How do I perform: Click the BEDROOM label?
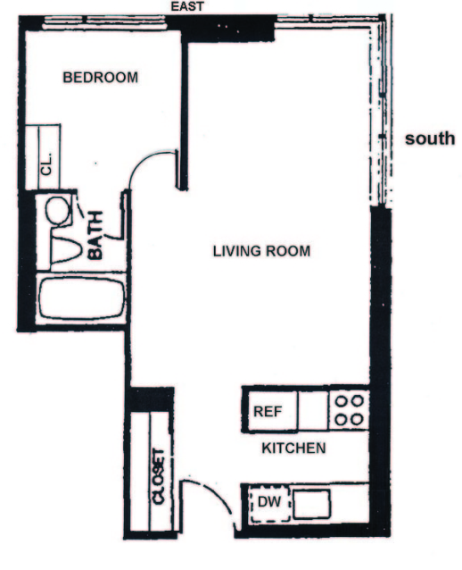[100, 78]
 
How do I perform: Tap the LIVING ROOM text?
[261, 251]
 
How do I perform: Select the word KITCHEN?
[293, 448]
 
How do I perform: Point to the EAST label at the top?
[187, 7]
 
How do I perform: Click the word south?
[430, 138]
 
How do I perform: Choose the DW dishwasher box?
[268, 505]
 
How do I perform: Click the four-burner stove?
[348, 410]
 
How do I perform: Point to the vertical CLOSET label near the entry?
[159, 477]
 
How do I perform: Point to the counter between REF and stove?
[313, 411]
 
